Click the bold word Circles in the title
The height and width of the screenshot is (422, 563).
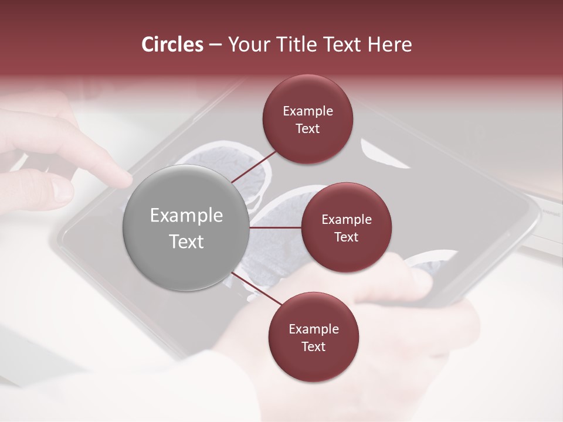click(172, 45)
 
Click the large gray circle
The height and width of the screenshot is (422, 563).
click(186, 227)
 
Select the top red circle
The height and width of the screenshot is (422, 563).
click(308, 119)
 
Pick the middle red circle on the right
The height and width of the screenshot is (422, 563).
click(346, 227)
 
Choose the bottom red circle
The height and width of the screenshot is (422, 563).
click(313, 337)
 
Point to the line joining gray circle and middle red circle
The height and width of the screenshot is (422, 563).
click(276, 227)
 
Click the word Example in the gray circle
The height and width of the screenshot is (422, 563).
click(186, 216)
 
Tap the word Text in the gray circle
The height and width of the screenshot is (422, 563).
click(186, 241)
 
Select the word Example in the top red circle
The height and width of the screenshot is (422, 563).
click(308, 111)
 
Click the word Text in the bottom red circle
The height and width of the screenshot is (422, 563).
click(313, 346)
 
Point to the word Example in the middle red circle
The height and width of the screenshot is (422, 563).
click(346, 220)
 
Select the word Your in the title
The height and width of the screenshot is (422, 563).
click(246, 45)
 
